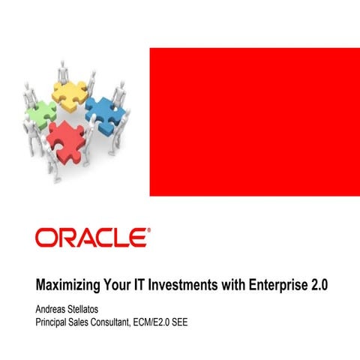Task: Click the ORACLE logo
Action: coord(90,238)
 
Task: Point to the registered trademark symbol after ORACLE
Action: coord(148,231)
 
